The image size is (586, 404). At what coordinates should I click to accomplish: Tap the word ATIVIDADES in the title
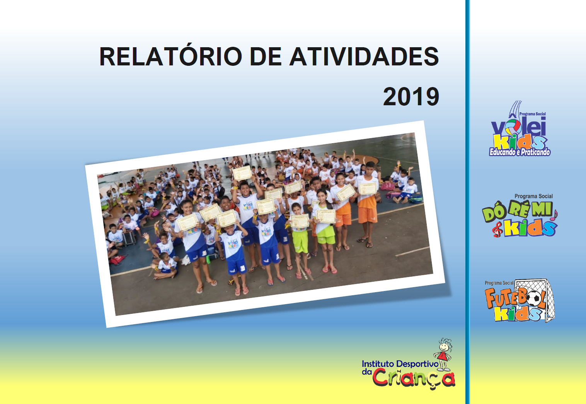click(x=364, y=56)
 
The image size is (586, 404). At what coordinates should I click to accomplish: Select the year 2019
click(x=411, y=96)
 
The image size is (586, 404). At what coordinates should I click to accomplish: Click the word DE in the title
click(x=266, y=56)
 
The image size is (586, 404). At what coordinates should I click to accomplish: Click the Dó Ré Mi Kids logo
click(x=520, y=216)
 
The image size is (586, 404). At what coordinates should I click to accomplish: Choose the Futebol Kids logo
click(x=519, y=301)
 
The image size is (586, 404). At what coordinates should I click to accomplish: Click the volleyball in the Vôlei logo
click(x=513, y=127)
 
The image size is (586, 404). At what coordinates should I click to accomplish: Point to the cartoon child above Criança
click(x=443, y=354)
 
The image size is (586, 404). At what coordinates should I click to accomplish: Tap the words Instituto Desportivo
click(x=400, y=364)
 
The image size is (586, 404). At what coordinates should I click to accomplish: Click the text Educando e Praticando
click(x=520, y=152)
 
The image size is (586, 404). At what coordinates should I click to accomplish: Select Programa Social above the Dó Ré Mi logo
click(x=533, y=196)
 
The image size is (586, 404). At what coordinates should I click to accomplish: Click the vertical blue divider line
click(x=467, y=202)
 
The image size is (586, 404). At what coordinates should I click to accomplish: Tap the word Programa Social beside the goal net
click(x=499, y=283)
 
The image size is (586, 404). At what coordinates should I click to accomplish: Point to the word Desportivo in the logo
click(x=417, y=364)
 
